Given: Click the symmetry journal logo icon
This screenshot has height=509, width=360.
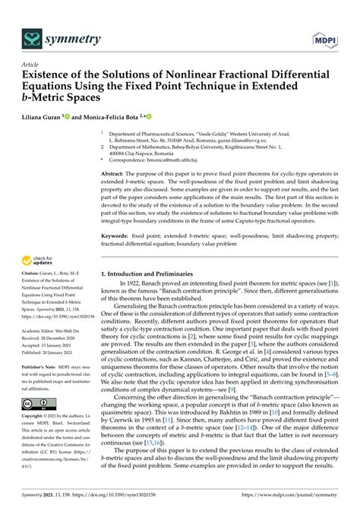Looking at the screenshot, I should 31,36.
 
